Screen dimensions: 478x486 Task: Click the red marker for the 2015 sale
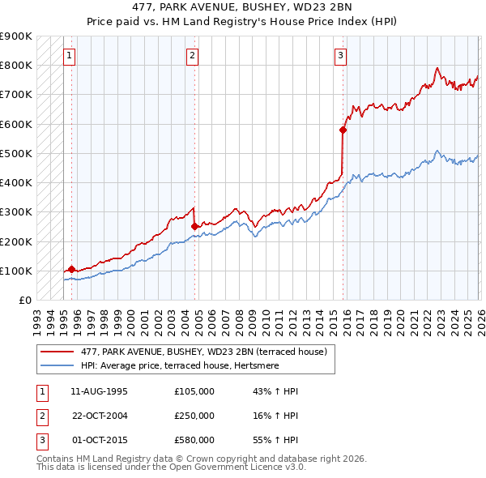343,129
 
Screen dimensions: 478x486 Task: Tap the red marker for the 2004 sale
195,227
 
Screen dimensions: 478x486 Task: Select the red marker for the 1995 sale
71,269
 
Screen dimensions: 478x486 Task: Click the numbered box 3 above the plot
340,56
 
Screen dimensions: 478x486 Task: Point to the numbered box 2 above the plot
192,56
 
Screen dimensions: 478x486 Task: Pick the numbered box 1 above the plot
69,56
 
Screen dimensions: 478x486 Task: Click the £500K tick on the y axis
16,153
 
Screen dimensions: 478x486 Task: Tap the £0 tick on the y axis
24,300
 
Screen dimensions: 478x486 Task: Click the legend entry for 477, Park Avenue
203,352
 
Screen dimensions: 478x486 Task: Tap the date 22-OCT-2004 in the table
100,416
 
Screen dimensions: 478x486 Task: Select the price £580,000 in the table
194,440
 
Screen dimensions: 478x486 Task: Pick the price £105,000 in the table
194,391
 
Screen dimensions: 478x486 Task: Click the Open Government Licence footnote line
171,467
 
